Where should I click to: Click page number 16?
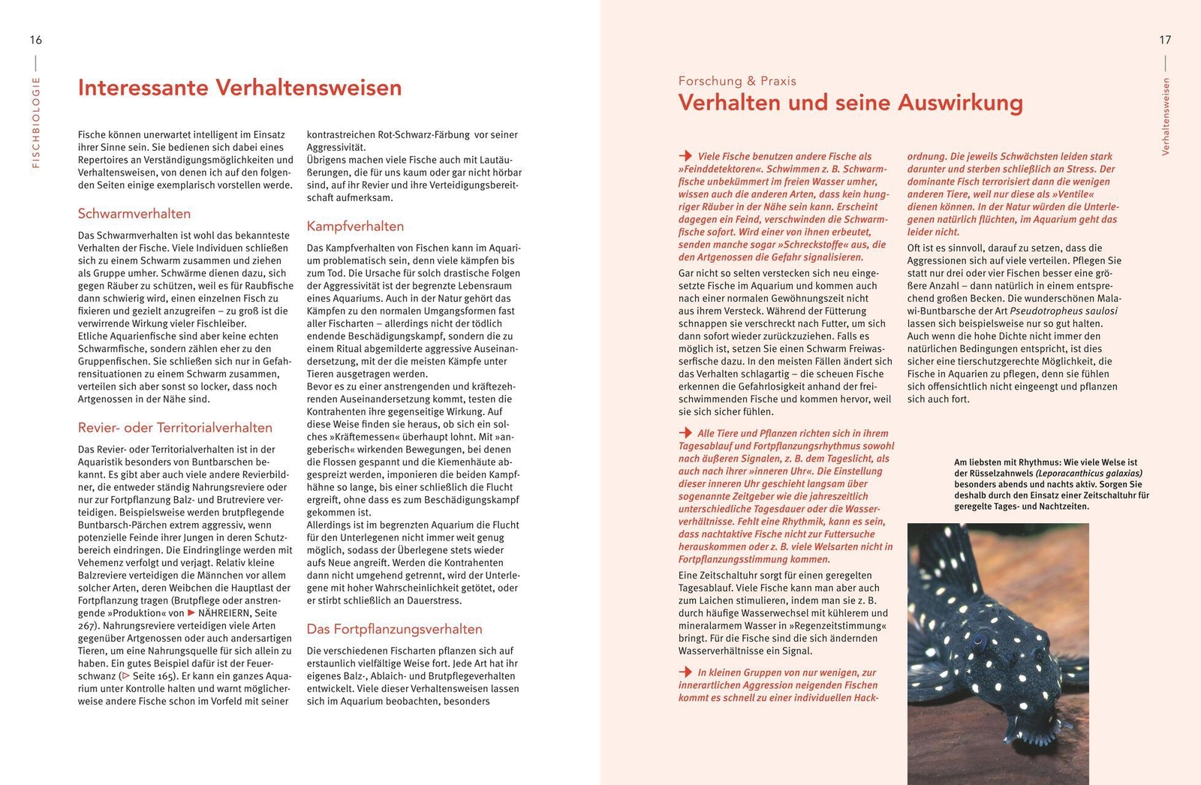[36, 40]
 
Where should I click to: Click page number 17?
[1164, 40]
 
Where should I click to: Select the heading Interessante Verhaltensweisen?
[239, 88]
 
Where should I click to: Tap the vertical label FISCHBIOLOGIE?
[36, 122]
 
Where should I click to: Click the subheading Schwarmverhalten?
[134, 214]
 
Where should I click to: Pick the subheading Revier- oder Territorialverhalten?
[175, 428]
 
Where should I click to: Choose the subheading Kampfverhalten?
[355, 227]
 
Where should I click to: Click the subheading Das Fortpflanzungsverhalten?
[394, 630]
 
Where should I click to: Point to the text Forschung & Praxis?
[737, 81]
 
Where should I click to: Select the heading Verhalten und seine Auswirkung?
[850, 103]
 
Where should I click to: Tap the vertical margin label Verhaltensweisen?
[1166, 116]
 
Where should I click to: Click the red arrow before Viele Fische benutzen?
[685, 156]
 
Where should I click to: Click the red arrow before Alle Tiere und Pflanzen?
[685, 433]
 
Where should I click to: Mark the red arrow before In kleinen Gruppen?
[685, 672]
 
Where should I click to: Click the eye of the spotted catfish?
[979, 642]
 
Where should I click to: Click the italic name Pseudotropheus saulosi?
[1064, 311]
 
